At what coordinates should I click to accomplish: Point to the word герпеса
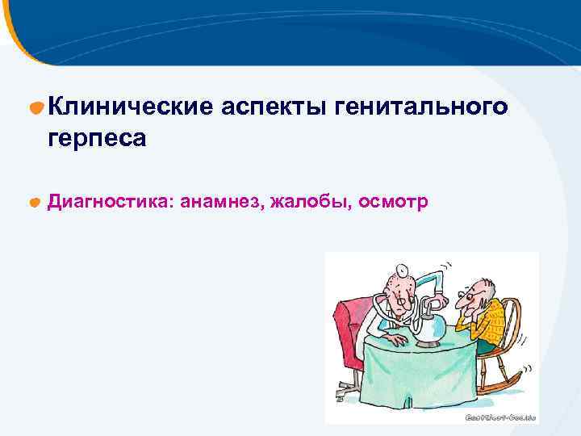(x=97, y=139)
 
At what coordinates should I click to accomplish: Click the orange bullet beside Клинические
(x=36, y=107)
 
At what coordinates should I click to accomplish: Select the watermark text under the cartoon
(x=500, y=417)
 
